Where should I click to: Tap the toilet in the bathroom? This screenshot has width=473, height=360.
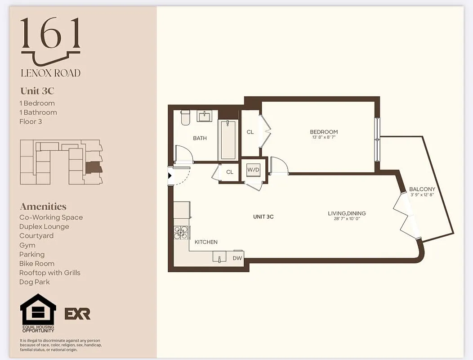185,118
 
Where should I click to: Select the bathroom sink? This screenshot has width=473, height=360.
205,116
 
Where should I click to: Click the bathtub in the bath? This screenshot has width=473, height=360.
228,139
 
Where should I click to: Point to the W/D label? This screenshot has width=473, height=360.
253,170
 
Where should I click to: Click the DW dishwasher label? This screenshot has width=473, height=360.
237,258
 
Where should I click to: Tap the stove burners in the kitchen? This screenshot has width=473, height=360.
181,232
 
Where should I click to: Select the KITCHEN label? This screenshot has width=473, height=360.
206,242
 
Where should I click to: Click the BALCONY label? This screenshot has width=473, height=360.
422,189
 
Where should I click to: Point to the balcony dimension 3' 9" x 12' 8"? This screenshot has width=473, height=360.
422,195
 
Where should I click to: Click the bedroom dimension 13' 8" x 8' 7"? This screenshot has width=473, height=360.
324,137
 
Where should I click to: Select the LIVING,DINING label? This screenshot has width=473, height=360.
347,213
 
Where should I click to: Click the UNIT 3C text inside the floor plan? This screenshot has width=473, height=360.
263,216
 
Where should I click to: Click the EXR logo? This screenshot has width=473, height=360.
77,314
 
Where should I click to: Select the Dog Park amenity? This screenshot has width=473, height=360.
35,282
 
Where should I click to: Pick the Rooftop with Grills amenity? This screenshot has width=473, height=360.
50,273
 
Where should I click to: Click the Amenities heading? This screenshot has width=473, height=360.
43,207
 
